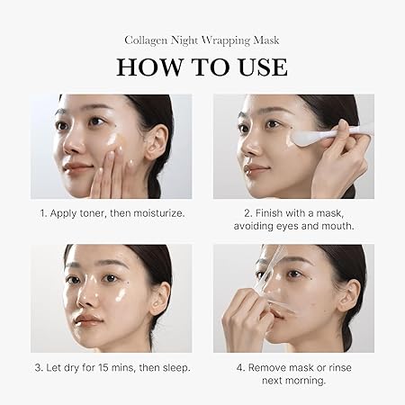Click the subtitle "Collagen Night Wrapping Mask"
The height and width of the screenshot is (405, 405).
(202, 40)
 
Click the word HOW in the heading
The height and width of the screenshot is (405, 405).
(148, 67)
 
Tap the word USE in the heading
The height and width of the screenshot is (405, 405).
(257, 67)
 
